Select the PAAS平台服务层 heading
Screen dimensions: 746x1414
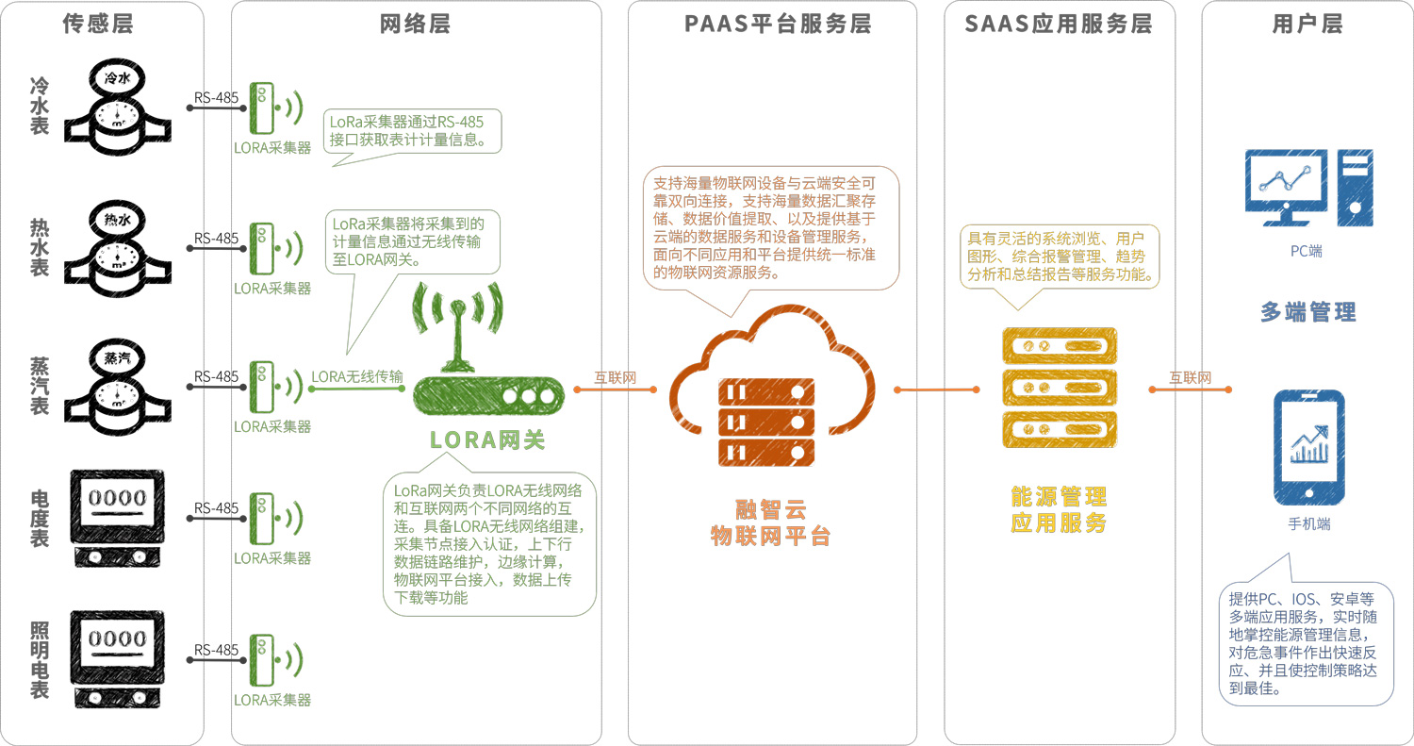point(778,25)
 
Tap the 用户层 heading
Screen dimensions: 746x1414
point(1307,25)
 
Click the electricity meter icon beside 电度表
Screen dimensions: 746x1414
point(118,517)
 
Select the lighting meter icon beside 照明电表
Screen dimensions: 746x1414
point(118,659)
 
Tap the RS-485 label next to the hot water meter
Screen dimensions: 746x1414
point(217,239)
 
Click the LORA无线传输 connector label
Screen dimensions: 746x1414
point(357,377)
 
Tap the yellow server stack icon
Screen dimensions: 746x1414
point(1059,389)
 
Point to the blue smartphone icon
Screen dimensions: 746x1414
point(1308,448)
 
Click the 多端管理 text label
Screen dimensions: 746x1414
point(1307,312)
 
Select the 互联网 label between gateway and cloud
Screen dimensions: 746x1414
point(615,377)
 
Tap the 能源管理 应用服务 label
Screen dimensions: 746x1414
point(1059,509)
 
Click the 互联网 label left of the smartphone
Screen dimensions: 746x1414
point(1190,377)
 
